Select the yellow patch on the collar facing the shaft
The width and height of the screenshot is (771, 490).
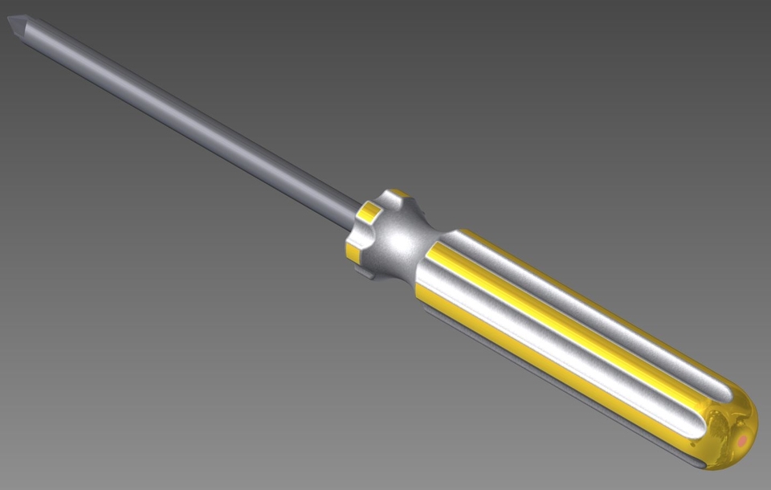370,212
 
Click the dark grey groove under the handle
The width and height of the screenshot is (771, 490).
562,394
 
